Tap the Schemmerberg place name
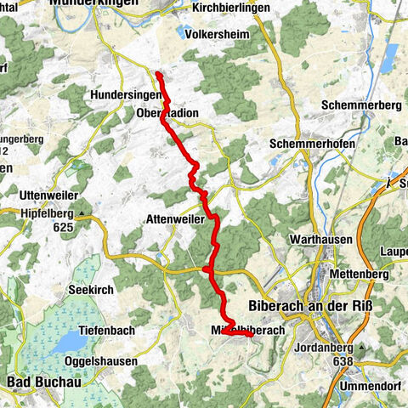click(360, 105)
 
